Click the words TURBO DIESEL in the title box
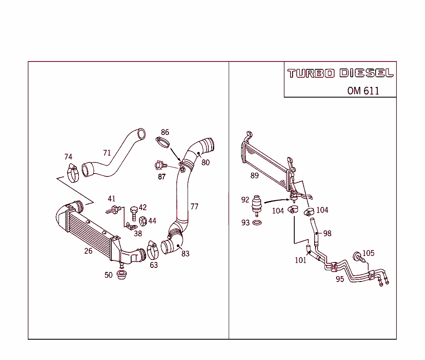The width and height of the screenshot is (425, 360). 340,73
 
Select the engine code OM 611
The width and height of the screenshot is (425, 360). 363,91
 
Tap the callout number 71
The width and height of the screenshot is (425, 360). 107,153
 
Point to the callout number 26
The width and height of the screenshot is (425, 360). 88,251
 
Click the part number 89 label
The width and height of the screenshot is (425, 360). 254,176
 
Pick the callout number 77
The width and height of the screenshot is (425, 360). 194,206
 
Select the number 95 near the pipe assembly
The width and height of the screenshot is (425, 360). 340,279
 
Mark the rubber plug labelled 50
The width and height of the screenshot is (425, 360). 121,275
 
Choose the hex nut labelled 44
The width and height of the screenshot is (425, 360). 142,220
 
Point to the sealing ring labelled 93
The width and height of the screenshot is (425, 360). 257,223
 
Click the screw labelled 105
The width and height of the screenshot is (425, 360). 358,256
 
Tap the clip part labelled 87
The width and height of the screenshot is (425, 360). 159,166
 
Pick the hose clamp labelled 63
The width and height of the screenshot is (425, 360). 152,250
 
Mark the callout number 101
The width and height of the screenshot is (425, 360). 300,260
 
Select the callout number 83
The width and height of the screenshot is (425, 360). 185,253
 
